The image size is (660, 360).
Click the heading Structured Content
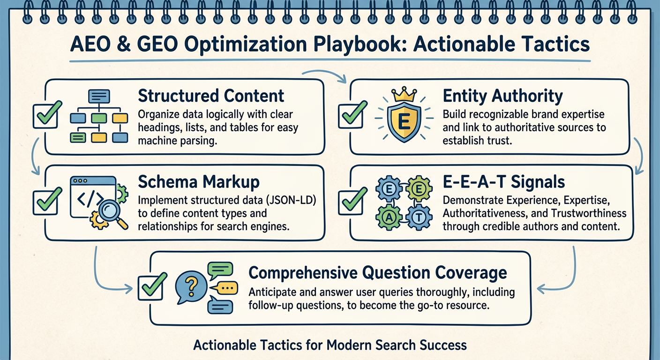[x=211, y=96]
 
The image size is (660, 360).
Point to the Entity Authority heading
[x=502, y=96]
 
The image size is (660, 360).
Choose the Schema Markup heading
[x=199, y=181]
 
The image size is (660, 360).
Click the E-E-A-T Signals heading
[x=504, y=181]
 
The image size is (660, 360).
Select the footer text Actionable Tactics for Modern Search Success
[x=330, y=345]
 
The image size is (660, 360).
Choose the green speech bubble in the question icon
[x=220, y=269]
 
